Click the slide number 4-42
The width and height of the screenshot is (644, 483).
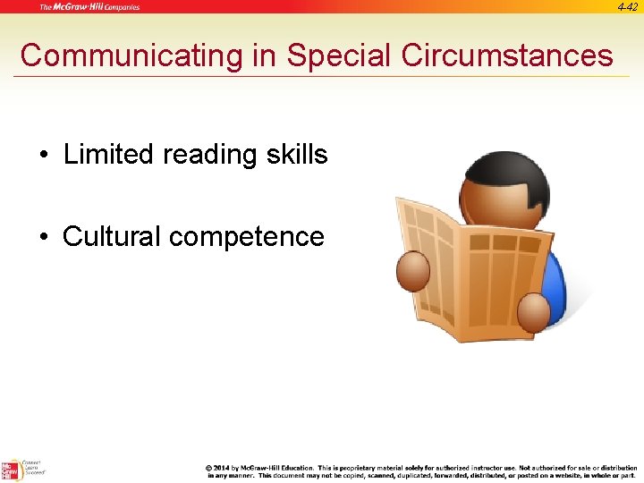627,6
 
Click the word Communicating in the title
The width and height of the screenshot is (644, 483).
131,55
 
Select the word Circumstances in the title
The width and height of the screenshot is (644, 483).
508,55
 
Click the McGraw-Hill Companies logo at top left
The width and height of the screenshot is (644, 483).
89,7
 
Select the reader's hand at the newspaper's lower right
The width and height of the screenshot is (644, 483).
533,309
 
